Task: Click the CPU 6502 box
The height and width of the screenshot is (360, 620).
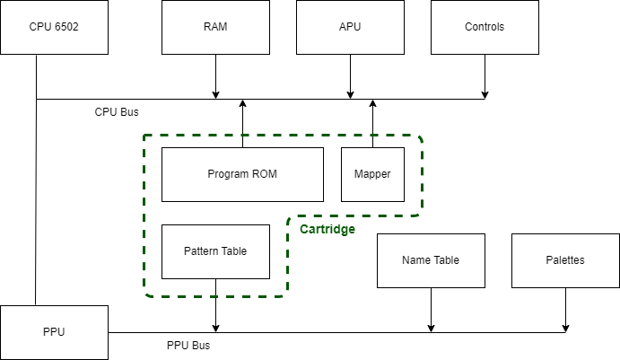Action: [54, 27]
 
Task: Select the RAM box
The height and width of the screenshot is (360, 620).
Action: [215, 27]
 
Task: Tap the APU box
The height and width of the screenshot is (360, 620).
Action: [350, 27]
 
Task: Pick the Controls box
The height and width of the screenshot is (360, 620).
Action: [485, 27]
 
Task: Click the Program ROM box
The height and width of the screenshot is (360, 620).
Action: [242, 174]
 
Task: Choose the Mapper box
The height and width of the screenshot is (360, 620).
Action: [372, 174]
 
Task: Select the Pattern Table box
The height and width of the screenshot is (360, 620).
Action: [215, 251]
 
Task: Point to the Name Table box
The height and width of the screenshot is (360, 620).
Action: [431, 260]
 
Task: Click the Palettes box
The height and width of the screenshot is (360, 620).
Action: [565, 260]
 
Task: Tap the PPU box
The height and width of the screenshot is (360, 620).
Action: [54, 332]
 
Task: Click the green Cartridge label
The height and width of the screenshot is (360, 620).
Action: [327, 230]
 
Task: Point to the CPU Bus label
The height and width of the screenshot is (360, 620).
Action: [117, 112]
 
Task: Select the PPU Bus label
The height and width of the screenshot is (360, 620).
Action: [188, 346]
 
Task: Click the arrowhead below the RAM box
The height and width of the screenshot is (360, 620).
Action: [215, 95]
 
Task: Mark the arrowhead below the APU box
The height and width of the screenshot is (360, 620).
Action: [350, 95]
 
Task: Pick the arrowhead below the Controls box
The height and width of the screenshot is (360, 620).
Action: [485, 95]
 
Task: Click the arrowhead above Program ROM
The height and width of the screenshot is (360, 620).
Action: [243, 103]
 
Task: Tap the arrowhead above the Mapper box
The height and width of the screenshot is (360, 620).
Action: [372, 103]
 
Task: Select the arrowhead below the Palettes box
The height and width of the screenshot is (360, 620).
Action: [565, 329]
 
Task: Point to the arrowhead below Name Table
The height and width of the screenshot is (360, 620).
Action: [431, 329]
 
